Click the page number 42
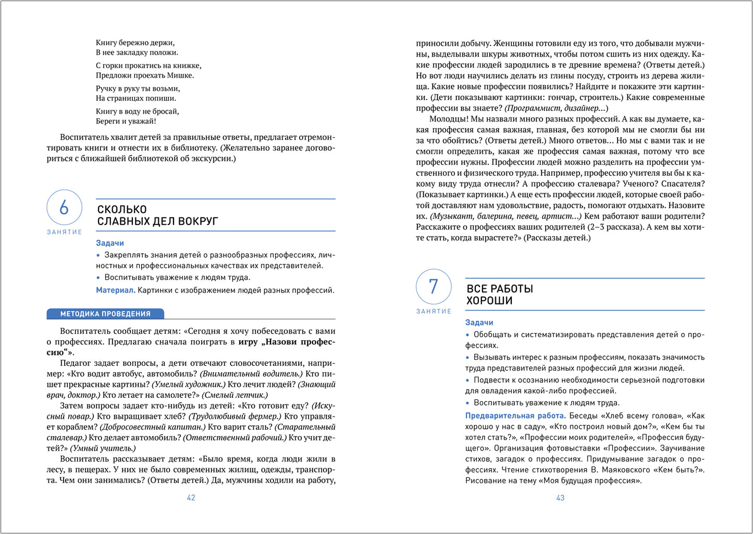point(191,498)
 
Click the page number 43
point(560,498)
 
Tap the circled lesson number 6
point(64,208)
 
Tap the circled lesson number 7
point(433,287)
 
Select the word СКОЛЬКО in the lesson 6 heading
point(122,209)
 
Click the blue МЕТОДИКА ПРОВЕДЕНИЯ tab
point(105,314)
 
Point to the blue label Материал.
point(115,290)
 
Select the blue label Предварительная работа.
point(515,416)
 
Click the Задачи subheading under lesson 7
point(479,323)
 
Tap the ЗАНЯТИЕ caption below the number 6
point(65,232)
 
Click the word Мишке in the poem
point(180,75)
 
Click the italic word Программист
point(530,108)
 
